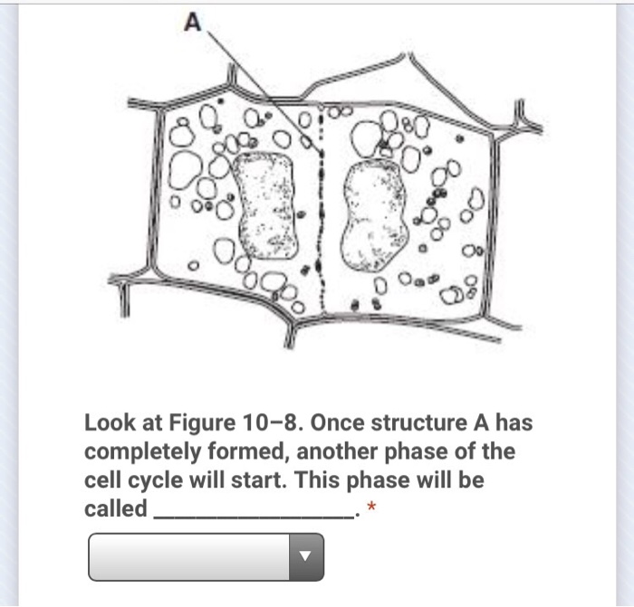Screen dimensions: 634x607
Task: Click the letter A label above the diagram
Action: pyautogui.click(x=192, y=23)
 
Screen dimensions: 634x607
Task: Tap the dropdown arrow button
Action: pyautogui.click(x=306, y=557)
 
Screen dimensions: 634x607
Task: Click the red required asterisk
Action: pyautogui.click(x=371, y=507)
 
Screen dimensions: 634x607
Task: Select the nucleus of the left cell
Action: pyautogui.click(x=266, y=205)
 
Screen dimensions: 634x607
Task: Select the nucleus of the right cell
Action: pyautogui.click(x=374, y=215)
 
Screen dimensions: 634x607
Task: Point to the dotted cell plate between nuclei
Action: pyautogui.click(x=321, y=210)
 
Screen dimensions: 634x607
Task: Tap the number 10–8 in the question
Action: pyautogui.click(x=272, y=422)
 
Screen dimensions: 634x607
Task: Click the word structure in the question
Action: pyautogui.click(x=418, y=422)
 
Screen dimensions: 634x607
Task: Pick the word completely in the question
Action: pyautogui.click(x=142, y=452)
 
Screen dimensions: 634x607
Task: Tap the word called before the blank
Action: pyautogui.click(x=116, y=508)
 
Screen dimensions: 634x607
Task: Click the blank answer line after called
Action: pyautogui.click(x=254, y=517)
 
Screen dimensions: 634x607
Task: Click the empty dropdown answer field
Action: pyautogui.click(x=188, y=557)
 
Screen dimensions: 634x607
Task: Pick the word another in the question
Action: pyautogui.click(x=337, y=452)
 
